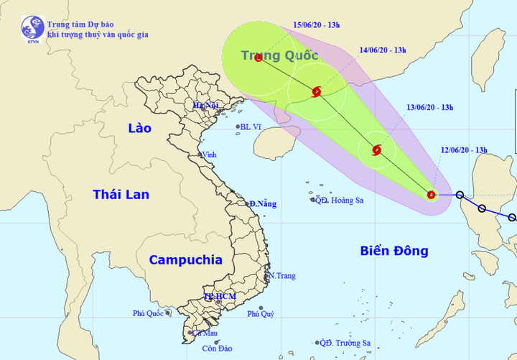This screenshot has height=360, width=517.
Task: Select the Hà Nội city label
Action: [x=205, y=106]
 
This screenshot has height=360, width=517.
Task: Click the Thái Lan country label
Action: [x=121, y=194]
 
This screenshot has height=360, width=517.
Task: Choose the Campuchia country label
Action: [x=186, y=260]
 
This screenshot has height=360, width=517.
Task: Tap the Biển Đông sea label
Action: [x=395, y=251]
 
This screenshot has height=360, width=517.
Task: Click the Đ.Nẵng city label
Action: [x=263, y=204]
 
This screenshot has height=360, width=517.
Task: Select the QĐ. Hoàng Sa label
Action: [x=340, y=200]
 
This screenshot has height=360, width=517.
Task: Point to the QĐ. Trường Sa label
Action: [x=346, y=343]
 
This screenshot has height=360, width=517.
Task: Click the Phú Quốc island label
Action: [x=149, y=313]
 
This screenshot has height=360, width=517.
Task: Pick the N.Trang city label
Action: [x=281, y=276]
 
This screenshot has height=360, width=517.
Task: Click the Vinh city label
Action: [x=210, y=154]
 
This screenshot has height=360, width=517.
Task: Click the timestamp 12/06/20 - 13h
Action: [x=464, y=149]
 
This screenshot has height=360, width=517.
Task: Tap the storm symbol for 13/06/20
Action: [x=377, y=150]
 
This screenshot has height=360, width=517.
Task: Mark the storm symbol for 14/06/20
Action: [x=317, y=91]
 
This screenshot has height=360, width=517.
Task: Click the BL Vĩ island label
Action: [x=251, y=127]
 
